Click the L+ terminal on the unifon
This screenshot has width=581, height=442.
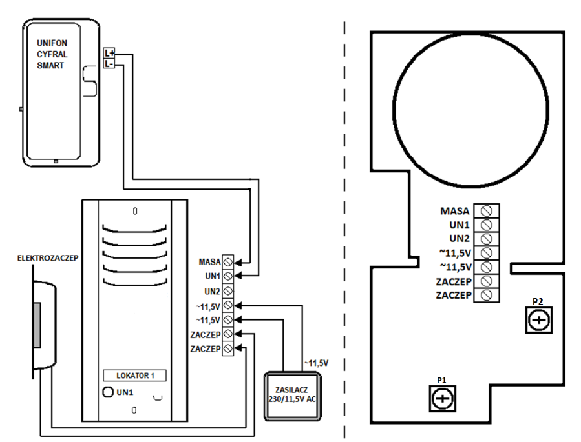pos(109,53)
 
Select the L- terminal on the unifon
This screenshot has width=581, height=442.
pos(109,63)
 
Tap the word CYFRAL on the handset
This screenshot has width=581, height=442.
pos(52,54)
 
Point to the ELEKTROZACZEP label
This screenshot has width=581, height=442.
pos(48,258)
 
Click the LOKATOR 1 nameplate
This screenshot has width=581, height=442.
pos(134,376)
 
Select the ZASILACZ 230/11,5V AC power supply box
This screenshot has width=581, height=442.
pos(292,396)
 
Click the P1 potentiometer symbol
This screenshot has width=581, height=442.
pos(443,398)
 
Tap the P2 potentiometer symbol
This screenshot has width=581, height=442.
pos(539,320)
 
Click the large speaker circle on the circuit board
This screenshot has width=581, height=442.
pos(470,109)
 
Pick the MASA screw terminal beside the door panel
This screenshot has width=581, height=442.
pos(228,262)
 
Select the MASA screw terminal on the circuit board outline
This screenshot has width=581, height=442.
pos(487,211)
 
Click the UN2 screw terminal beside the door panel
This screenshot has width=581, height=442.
pos(228,291)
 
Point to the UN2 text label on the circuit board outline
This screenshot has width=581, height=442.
pos(460,239)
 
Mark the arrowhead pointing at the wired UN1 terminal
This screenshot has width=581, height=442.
pos(238,276)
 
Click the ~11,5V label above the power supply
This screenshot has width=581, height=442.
pos(317,363)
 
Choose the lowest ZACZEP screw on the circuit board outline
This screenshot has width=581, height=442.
pos(487,295)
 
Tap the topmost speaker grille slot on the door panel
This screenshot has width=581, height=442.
pos(134,228)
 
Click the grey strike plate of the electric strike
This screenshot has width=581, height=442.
pos(37,325)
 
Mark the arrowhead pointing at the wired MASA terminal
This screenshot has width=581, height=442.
pos(238,262)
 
